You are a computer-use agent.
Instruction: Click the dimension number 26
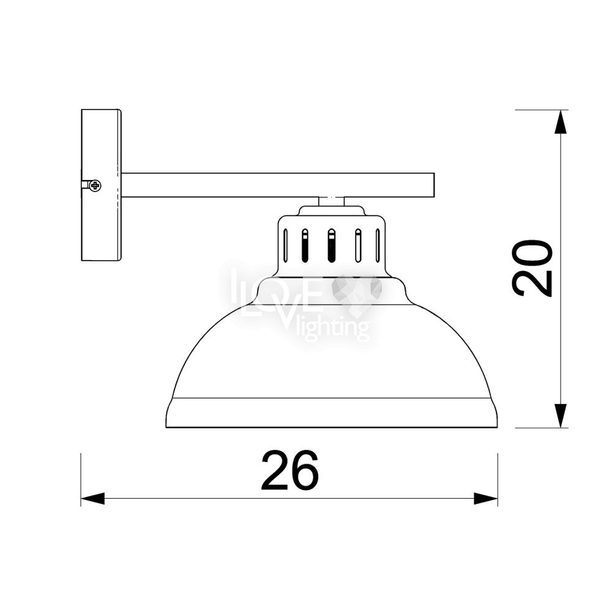pos(289,470)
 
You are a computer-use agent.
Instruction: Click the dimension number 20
pos(532,268)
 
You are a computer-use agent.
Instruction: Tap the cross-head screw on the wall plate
pos(95,185)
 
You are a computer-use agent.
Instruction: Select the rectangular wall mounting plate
pos(101,185)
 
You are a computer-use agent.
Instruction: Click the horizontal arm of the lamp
pos(278,185)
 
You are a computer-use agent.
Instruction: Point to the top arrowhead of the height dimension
pos(561,122)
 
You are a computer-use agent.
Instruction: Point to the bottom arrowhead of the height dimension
pos(561,416)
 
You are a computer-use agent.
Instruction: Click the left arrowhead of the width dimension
pos(93,498)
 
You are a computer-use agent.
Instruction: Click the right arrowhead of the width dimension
pos(485,498)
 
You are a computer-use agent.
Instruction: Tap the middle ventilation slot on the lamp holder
pos(331,245)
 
